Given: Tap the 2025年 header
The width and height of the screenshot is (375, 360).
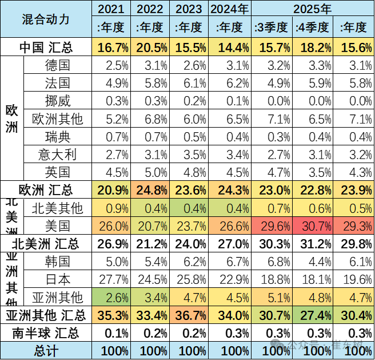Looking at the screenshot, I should coord(312,9).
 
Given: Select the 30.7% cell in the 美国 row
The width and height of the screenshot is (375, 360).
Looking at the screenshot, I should coord(313,226).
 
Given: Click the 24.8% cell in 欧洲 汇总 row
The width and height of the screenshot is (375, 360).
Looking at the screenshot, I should coord(151,189).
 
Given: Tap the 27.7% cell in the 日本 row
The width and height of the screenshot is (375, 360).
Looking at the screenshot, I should coord(113,279).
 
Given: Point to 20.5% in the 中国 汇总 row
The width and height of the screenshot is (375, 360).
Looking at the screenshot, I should coord(151,46).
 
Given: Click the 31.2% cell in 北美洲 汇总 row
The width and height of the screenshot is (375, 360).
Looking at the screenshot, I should coord(313,244).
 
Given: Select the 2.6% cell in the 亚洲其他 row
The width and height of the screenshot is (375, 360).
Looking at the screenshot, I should coord(113,297).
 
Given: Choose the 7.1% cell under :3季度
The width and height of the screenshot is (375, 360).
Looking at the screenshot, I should coord(271,119).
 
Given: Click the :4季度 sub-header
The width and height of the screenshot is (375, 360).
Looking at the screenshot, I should coord(313,27).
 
